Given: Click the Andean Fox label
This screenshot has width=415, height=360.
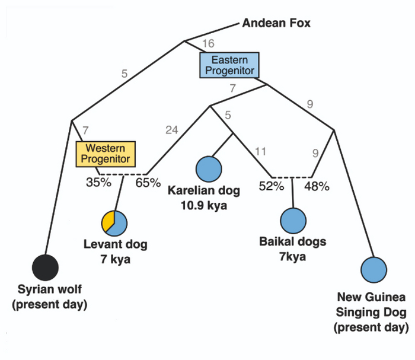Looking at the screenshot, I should coord(277,24).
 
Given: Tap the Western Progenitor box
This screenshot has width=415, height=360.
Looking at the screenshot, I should coord(106,153).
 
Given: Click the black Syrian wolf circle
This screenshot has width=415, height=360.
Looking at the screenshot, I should coord(45,267).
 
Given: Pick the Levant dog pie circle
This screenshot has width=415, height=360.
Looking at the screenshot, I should coord(114,222).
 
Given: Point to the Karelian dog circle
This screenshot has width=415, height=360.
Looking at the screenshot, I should coord(209,167).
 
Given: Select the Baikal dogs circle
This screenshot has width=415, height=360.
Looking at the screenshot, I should coord(293,221).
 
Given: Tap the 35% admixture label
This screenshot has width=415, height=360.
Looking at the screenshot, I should coord(98,182).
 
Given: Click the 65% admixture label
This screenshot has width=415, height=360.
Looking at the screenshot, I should coord(148,182).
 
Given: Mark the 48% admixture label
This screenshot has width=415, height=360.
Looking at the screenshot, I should coord(317,187).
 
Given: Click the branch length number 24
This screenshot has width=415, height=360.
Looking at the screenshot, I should coord(172,130).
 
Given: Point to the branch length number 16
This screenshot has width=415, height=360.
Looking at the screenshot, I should coord(207,43).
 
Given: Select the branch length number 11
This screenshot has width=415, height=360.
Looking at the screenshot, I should coord(260,152).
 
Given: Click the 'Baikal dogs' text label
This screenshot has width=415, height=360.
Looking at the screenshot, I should coord(293,242).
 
